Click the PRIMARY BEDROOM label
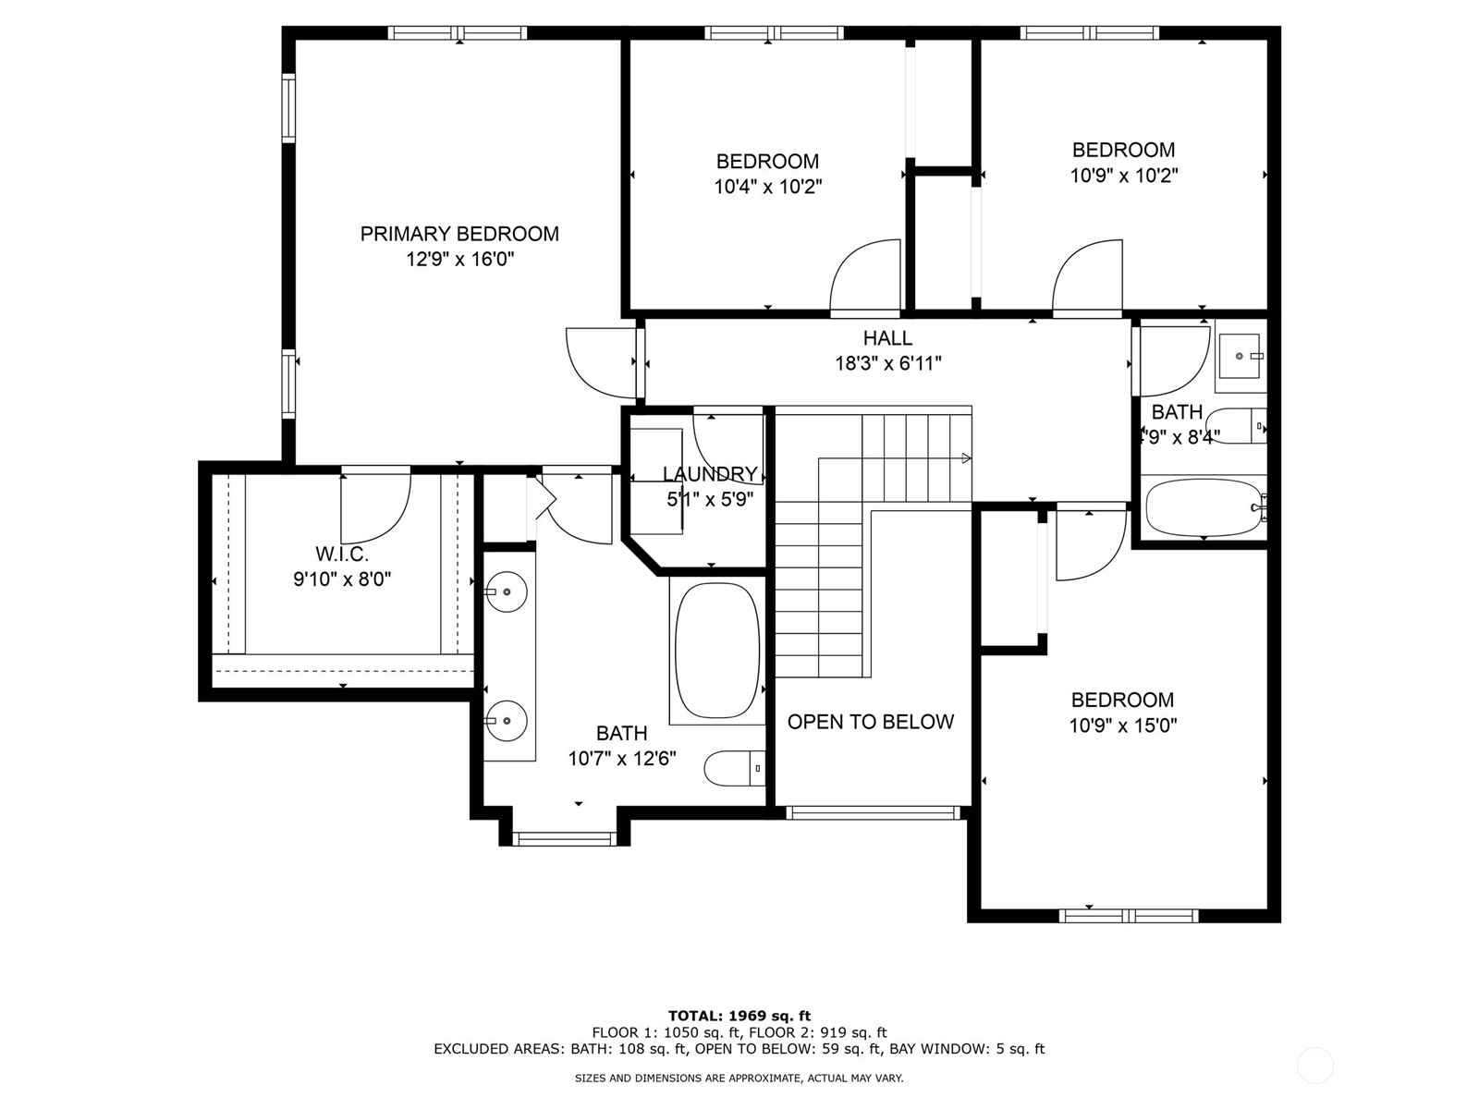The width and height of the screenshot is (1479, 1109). coord(459,234)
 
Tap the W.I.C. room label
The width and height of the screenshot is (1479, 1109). coord(342,554)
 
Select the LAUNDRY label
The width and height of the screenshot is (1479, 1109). coord(710,474)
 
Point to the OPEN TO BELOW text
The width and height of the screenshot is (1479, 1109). coord(871,722)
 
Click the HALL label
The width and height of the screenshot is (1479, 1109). coord(888,338)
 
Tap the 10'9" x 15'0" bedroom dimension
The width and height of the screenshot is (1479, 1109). coord(1123,725)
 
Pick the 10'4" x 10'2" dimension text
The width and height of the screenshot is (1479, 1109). coord(768,187)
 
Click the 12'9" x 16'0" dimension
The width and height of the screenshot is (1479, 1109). coord(460,260)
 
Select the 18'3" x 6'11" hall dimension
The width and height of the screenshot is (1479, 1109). coord(888,363)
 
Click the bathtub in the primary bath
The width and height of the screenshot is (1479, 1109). coord(717,651)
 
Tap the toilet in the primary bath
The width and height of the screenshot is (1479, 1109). coord(735,768)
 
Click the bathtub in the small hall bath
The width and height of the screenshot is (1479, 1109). coord(1204,507)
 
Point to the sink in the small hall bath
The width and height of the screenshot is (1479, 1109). coord(1241,356)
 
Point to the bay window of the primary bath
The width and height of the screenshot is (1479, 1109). coord(565,838)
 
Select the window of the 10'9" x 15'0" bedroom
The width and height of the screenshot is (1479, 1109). coord(1129,916)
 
